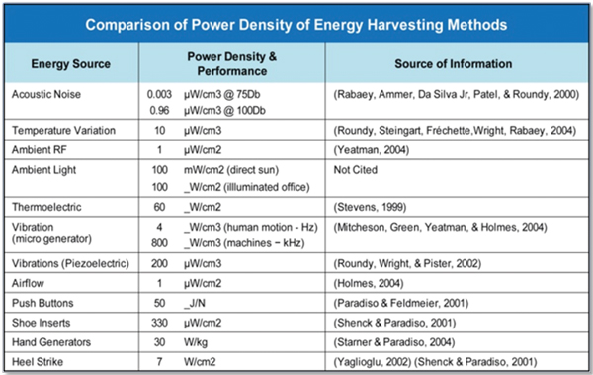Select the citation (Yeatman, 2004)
(365, 150)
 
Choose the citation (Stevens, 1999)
(364, 209)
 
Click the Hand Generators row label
(54, 342)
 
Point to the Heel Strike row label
(41, 361)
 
